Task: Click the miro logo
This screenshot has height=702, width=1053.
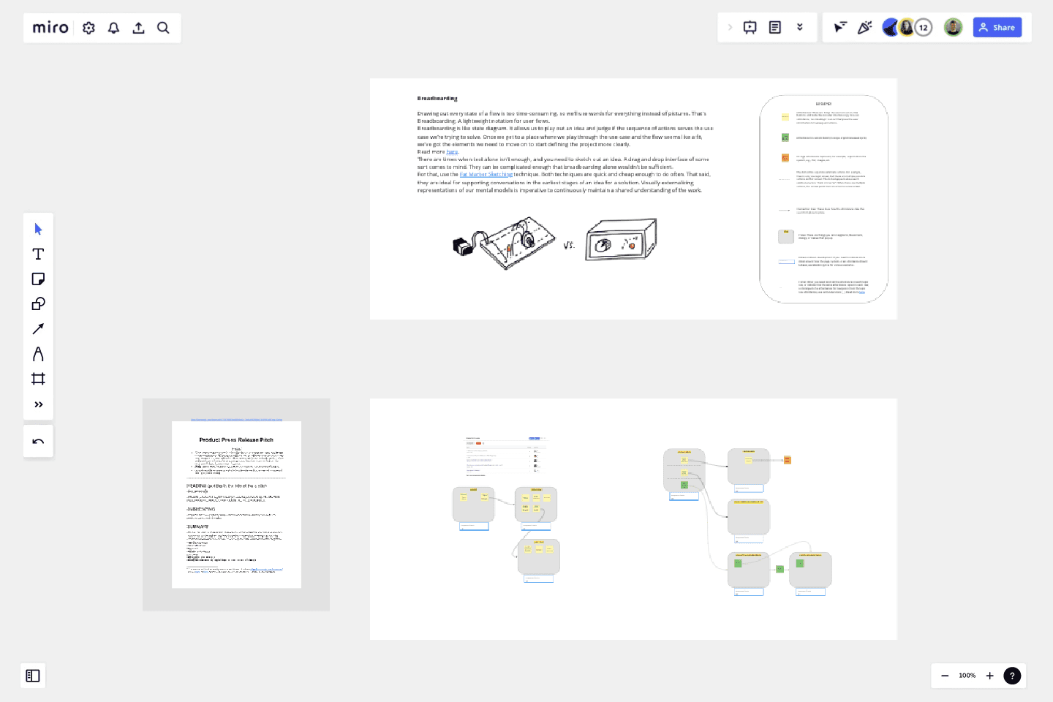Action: coord(50,28)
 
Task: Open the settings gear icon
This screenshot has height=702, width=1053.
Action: coord(89,28)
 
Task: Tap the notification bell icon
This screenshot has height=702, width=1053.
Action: coord(114,28)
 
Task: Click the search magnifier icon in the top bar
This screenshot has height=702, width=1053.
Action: coord(163,28)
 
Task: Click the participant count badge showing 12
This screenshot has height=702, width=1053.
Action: coord(924,28)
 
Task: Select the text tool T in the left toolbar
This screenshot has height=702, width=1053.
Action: coord(38,254)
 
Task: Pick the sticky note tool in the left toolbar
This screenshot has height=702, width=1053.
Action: coord(38,279)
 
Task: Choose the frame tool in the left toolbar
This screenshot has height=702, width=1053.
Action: coord(38,379)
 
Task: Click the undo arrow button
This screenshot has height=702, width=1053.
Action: coord(38,442)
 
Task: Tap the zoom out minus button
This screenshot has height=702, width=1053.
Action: coord(945,676)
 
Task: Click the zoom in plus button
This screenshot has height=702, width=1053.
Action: coord(990,676)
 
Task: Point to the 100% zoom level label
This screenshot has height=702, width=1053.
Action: coord(967,676)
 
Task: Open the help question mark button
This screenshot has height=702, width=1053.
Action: coord(1012,676)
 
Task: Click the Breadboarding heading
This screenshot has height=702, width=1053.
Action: coord(437,98)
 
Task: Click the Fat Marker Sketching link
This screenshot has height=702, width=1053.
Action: coord(486,175)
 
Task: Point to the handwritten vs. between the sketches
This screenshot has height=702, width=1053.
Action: coord(569,245)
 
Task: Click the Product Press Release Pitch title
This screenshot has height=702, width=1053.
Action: coord(236,440)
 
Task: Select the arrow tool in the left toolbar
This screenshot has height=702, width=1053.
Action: coord(38,329)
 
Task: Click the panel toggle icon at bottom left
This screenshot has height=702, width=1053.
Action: coord(33,676)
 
